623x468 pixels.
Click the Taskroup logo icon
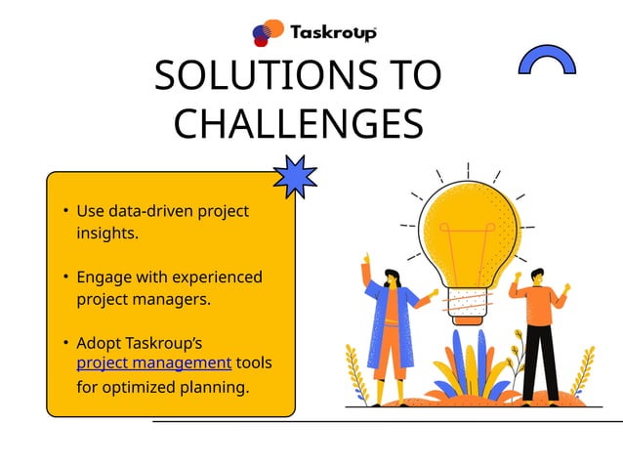[268, 33]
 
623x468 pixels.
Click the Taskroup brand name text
[333, 32]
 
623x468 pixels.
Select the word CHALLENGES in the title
[298, 124]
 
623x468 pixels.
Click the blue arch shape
[547, 62]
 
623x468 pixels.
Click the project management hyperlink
[154, 363]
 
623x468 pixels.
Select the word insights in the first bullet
[107, 234]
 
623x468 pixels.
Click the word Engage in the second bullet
[104, 277]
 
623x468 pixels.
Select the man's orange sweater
[539, 302]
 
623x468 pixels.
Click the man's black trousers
[539, 362]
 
